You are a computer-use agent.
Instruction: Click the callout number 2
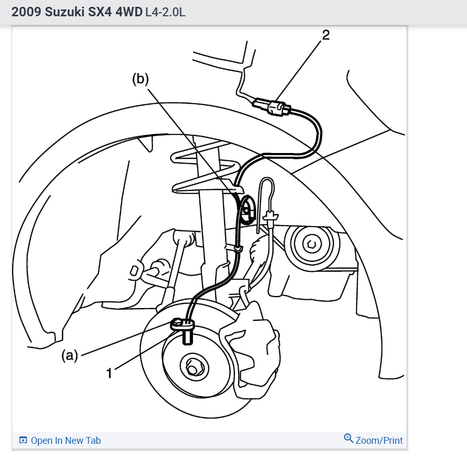click(326, 36)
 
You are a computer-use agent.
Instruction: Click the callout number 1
click(109, 373)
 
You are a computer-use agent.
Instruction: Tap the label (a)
click(70, 356)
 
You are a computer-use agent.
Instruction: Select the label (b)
click(140, 79)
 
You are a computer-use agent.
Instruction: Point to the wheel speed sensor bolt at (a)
click(177, 322)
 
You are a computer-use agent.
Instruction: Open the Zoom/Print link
click(379, 440)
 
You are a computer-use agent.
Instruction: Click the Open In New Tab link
click(66, 441)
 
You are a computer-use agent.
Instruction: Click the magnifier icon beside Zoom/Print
click(348, 439)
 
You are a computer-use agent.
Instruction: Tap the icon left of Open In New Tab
click(23, 441)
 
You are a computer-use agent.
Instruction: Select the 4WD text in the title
click(127, 12)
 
